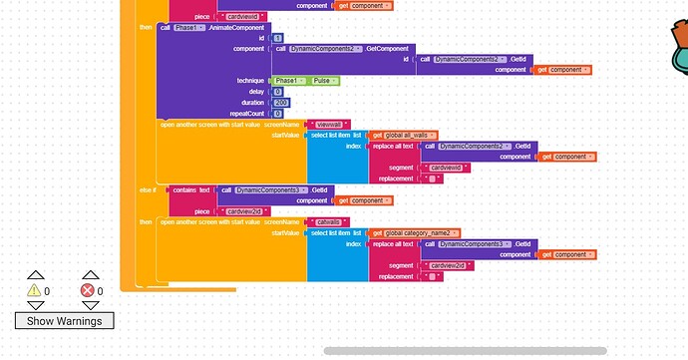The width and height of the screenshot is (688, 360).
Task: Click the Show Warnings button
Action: point(64,320)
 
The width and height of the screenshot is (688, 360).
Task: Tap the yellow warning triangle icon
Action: point(33,290)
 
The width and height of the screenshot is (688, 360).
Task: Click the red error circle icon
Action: point(87,290)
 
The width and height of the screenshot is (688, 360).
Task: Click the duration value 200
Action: point(282,102)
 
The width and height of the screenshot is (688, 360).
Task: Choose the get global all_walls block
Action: point(405,135)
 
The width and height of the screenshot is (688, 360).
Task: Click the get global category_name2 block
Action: point(416,232)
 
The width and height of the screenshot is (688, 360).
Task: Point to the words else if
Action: point(148,189)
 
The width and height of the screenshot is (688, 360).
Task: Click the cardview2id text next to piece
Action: point(243,211)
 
